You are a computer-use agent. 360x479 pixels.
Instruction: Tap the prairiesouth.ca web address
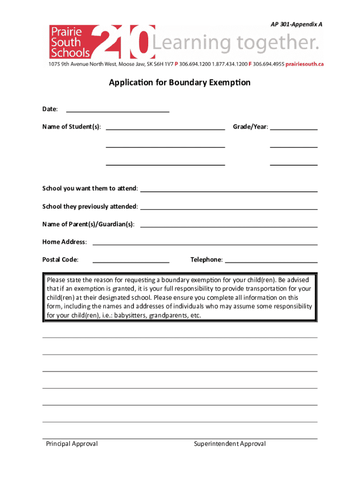(x=304, y=64)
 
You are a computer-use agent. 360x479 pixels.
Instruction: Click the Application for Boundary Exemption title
(x=180, y=83)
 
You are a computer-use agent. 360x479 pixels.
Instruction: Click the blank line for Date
(x=118, y=111)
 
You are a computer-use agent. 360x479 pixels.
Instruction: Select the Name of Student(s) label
(x=71, y=127)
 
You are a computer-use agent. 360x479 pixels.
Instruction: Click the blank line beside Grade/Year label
(x=294, y=128)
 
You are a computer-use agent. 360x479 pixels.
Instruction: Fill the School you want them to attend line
(x=229, y=190)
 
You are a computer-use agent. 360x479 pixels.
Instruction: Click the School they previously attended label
(x=90, y=206)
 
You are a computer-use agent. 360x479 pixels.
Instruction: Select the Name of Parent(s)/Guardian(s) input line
(x=229, y=226)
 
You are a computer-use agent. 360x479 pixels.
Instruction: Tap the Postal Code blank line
(x=131, y=261)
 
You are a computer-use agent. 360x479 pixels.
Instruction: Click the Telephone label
(x=206, y=260)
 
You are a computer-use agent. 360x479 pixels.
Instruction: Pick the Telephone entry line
(x=271, y=261)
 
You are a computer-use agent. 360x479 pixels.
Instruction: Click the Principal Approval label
(x=72, y=443)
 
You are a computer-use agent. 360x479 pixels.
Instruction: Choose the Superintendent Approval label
(x=230, y=443)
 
